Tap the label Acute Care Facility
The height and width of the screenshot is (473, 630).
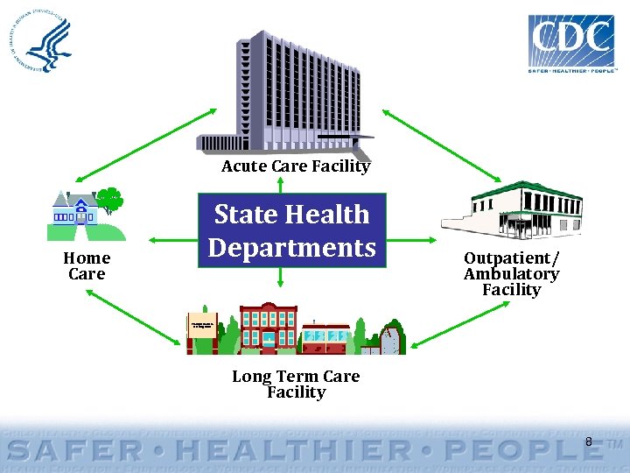[296, 166]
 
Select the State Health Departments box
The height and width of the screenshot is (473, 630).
[291, 230]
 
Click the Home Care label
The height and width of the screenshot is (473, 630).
[87, 265]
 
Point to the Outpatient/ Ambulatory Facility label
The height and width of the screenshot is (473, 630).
[511, 273]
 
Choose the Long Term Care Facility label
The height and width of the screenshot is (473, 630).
[296, 384]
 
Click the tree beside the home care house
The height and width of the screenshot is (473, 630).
[109, 203]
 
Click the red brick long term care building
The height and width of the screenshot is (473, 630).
[268, 328]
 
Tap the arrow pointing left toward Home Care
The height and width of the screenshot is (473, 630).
[170, 238]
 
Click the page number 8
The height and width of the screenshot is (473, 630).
[588, 442]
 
